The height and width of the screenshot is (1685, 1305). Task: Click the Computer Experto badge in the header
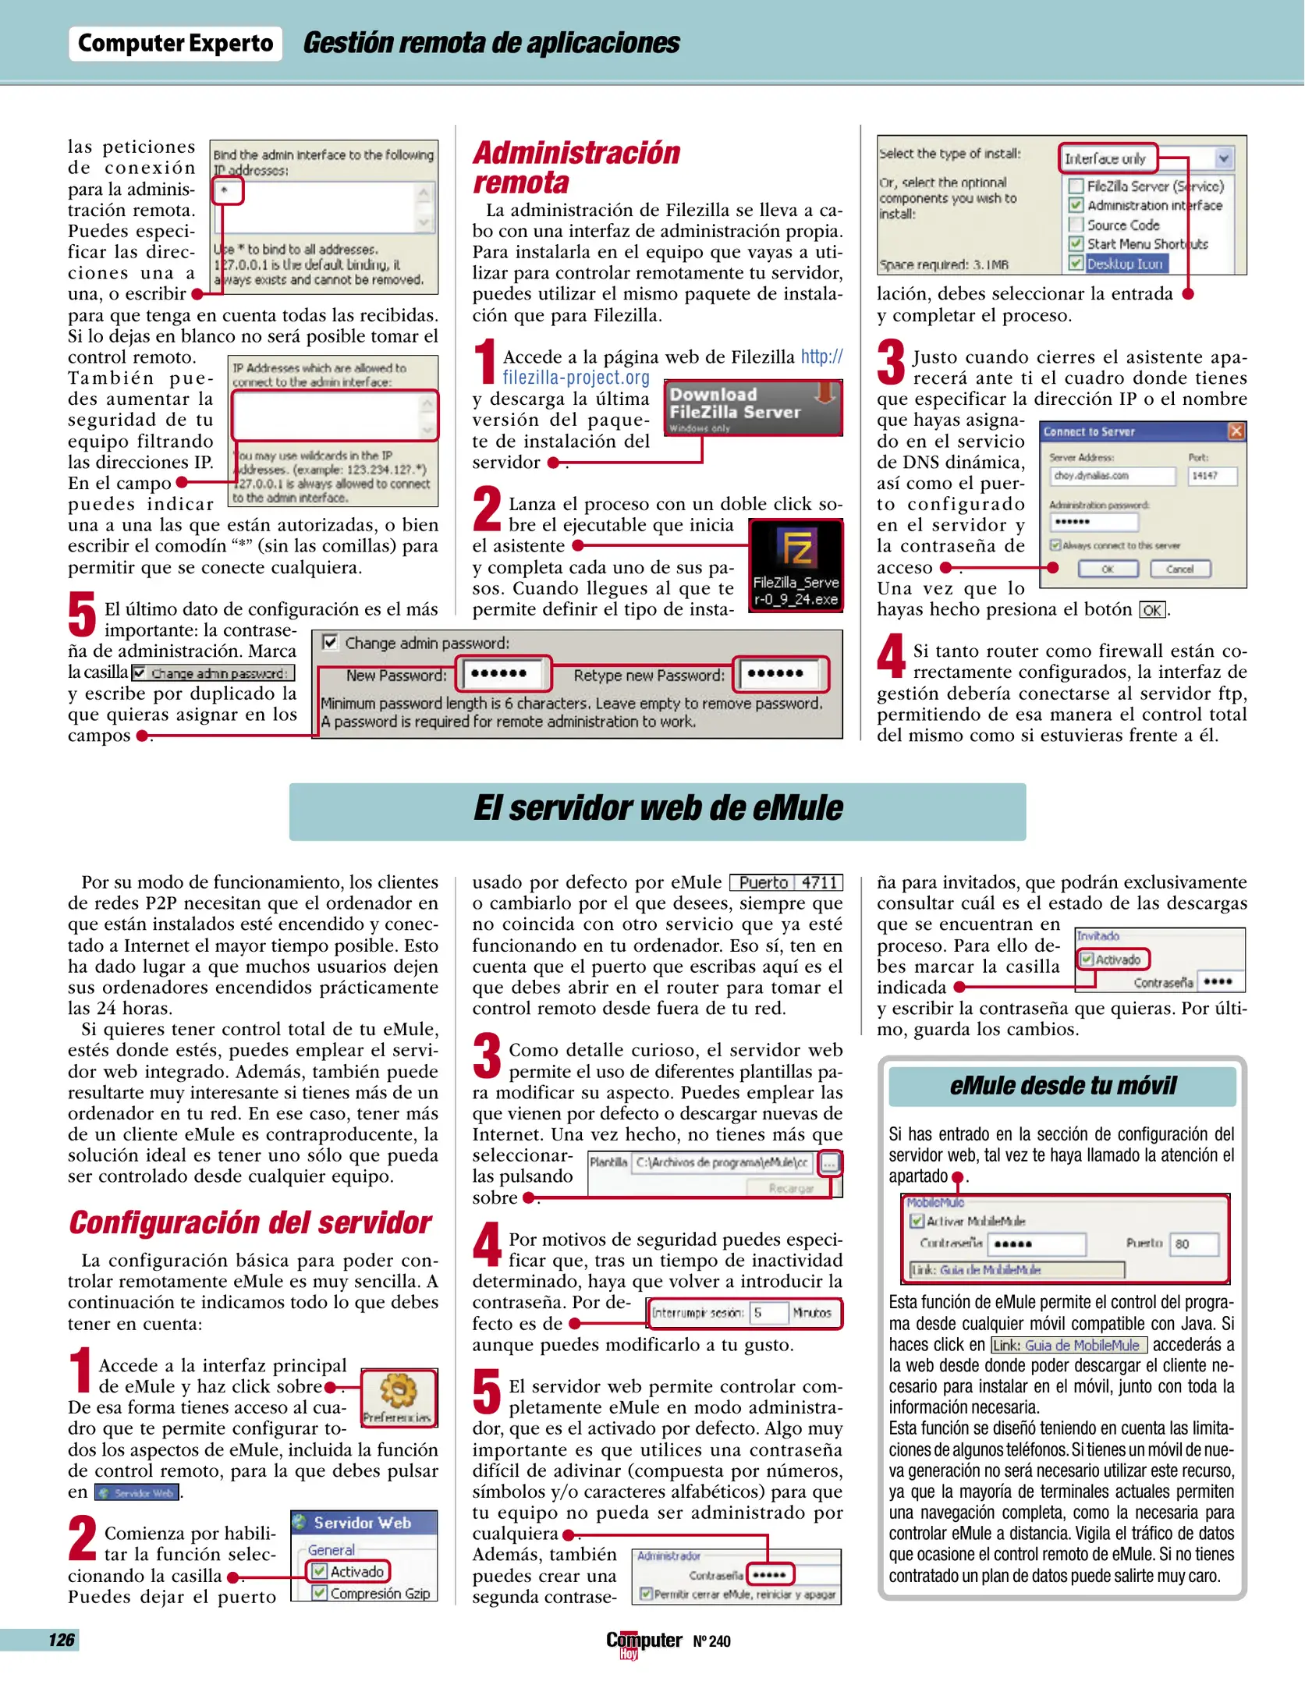[176, 44]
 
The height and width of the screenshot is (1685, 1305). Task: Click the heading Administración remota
[576, 167]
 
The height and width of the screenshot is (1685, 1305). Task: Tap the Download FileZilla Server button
[753, 407]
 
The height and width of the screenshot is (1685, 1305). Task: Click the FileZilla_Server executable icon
[796, 565]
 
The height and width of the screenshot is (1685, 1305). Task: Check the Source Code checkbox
[1076, 225]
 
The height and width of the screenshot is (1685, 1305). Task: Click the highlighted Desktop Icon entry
[1123, 264]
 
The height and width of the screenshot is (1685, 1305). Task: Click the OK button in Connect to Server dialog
[1107, 569]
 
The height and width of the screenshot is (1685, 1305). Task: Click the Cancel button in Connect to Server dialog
[1179, 569]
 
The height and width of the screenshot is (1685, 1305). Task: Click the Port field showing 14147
[1211, 475]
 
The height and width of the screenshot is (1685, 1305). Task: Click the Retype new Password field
[780, 673]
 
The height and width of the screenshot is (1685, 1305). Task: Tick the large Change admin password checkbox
[331, 642]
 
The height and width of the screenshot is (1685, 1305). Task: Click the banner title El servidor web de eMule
[658, 809]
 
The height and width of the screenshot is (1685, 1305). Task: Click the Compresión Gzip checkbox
[319, 1593]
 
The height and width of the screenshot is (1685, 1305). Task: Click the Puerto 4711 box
[786, 882]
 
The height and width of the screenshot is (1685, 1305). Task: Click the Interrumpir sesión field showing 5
[768, 1313]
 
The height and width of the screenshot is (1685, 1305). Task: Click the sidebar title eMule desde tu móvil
[1062, 1085]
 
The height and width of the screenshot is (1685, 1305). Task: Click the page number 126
[61, 1640]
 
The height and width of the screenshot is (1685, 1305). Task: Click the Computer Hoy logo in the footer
[644, 1642]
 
